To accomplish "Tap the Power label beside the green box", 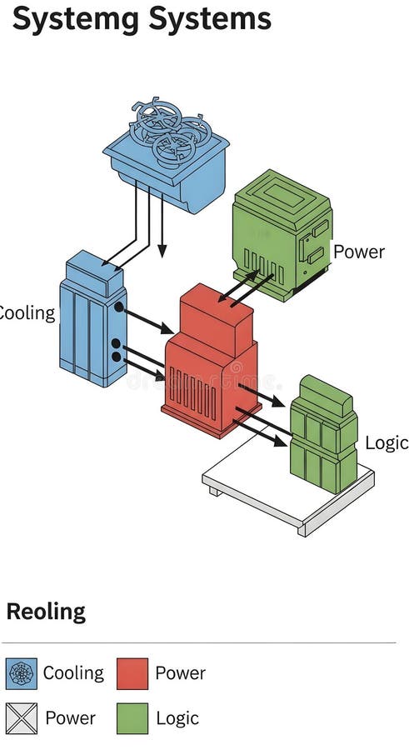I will click(x=359, y=252).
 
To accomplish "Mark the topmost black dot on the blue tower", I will click(x=119, y=307).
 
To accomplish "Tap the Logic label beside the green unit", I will click(x=387, y=442).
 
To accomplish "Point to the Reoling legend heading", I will click(x=46, y=612).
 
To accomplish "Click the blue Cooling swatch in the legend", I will click(x=22, y=673).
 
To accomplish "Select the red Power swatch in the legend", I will click(x=132, y=673).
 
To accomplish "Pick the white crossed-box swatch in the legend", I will click(x=22, y=718).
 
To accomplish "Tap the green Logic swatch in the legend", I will click(x=132, y=718).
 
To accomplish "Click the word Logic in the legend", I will click(x=177, y=718).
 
